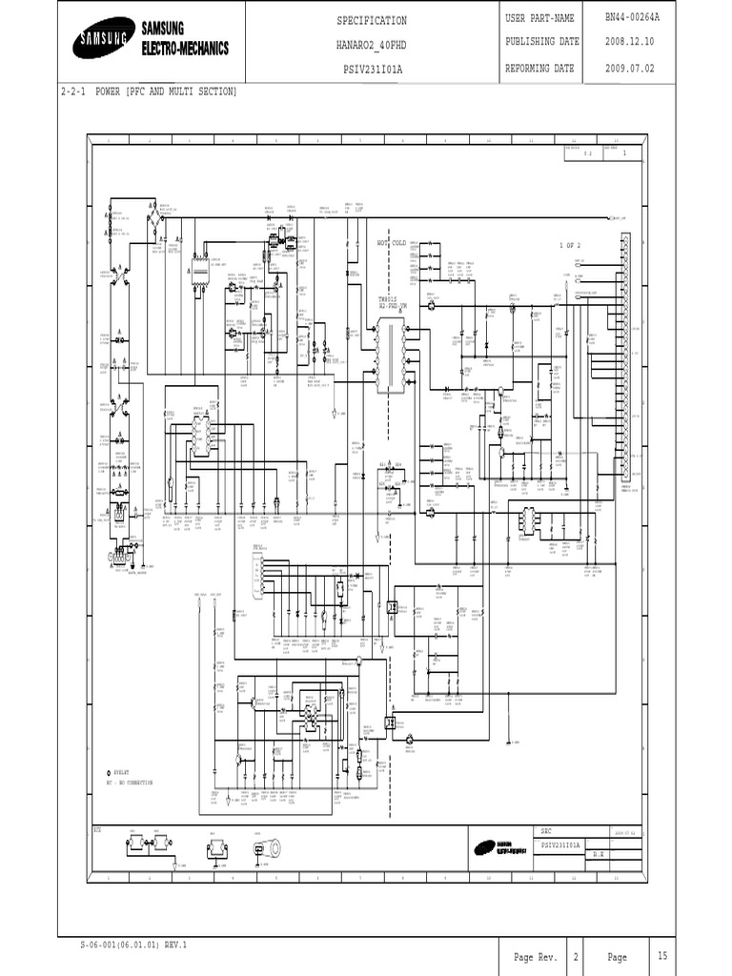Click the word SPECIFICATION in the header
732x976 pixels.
pos(372,21)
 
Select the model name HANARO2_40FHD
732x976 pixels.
pos(372,45)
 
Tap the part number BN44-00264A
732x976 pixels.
pos(633,18)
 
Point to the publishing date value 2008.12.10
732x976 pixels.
pos(633,42)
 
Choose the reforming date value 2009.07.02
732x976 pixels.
pos(633,69)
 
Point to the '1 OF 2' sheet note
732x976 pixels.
pos(570,246)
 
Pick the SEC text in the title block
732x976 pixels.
pos(547,831)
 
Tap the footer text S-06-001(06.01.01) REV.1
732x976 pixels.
pos(134,945)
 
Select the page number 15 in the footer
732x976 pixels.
pos(661,956)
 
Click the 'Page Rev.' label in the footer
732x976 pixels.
pos(536,957)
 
